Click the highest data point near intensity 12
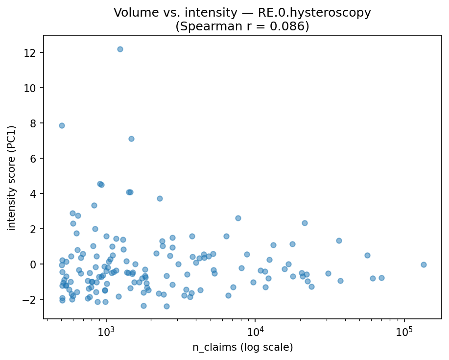pos(120,49)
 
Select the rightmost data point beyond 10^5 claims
pos(424,264)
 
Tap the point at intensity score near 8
pos(62,125)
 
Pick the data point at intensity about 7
pos(131,139)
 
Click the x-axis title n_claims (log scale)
pos(242,347)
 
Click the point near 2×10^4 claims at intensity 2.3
pos(305,223)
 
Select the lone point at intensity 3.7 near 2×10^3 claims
pos(160,198)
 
